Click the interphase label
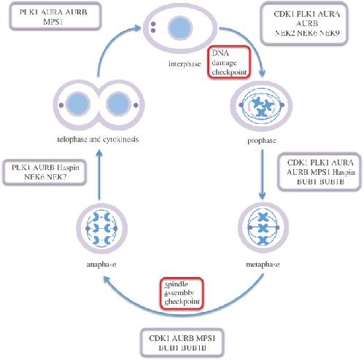(185, 64)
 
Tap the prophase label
(262, 141)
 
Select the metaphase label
(263, 265)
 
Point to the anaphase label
(101, 265)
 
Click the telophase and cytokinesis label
(98, 139)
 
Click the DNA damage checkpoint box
(229, 63)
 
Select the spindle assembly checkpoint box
(182, 293)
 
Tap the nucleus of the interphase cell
(180, 27)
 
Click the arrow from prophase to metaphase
(262, 174)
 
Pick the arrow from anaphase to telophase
(99, 175)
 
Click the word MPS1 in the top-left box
(53, 22)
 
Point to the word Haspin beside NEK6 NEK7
(68, 168)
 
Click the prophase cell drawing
(261, 106)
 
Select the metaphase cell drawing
(263, 227)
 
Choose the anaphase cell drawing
(101, 229)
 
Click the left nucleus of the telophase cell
(78, 104)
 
